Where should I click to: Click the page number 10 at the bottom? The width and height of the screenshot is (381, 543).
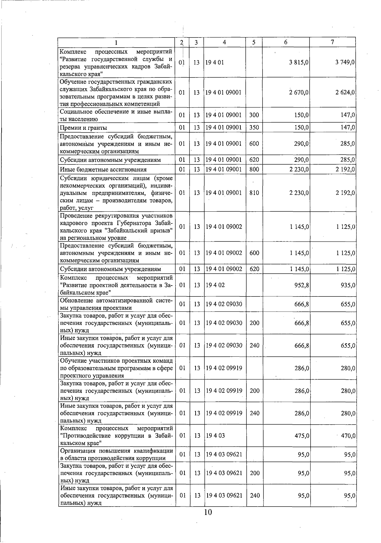pos(208,512)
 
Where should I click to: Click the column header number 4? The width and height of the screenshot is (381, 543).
pos(224,42)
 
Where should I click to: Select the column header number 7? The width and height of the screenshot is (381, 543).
pos(332,42)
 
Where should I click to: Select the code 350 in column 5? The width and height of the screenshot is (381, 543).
pos(254,128)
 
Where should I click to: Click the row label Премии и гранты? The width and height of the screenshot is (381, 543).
pos(84,128)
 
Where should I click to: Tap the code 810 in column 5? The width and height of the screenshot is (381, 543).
pos(254,193)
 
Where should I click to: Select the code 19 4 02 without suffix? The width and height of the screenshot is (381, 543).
pos(215,285)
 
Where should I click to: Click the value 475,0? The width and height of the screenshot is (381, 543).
pos(302,435)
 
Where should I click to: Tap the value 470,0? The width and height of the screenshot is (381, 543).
pos(348,435)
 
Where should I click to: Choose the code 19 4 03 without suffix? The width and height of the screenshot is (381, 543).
pos(215,435)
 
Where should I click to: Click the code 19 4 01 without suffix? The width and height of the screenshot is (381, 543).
pos(215,63)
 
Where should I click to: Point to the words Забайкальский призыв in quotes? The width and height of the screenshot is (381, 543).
pos(143,230)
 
